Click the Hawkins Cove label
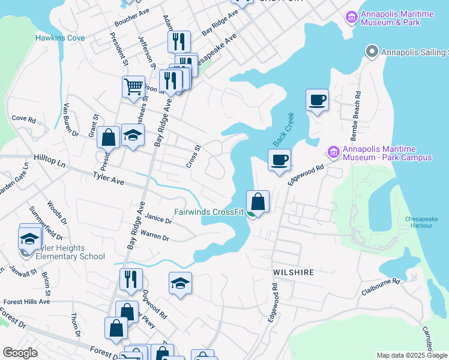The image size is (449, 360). point(59,38)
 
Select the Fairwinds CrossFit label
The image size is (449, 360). point(209,212)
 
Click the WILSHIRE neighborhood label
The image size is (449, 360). point(294,272)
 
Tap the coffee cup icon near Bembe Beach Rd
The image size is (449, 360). point(317,100)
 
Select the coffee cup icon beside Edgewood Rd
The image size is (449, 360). point(279,160)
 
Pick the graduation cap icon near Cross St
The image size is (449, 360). point(133,135)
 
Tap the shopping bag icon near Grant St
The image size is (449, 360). point(108,137)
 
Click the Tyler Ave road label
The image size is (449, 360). point(108,178)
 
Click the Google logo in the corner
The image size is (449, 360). point(20,353)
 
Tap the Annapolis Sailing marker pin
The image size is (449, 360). point(371,52)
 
